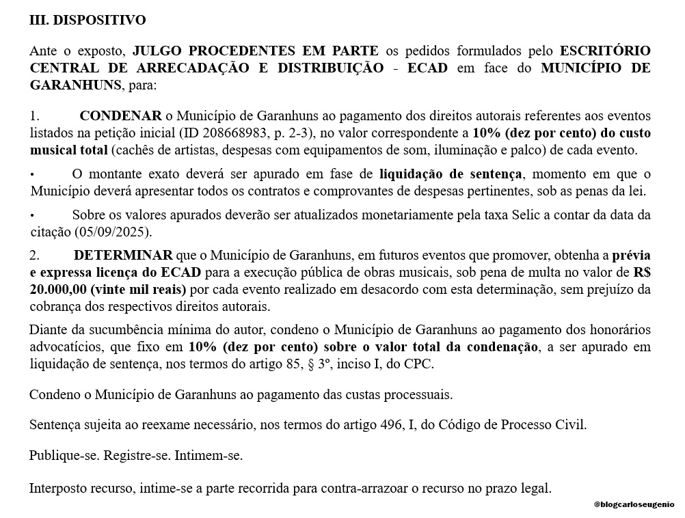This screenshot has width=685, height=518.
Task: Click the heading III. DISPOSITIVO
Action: [x=88, y=21]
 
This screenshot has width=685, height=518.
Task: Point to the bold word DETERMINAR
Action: [x=124, y=256]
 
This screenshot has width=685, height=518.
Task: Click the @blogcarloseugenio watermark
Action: [x=634, y=504]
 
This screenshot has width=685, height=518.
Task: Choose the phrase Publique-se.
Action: [x=64, y=455]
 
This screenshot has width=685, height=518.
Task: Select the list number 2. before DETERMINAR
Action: [x=35, y=256]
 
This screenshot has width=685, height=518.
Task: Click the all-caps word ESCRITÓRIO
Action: [x=605, y=51]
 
